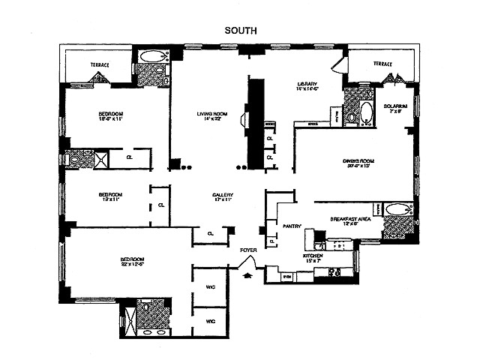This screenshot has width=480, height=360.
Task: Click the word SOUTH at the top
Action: pyautogui.click(x=241, y=31)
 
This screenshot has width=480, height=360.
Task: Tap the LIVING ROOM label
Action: pyautogui.click(x=211, y=114)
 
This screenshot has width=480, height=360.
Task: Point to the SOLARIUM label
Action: pyautogui.click(x=395, y=106)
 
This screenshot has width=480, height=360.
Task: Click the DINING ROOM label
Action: pyautogui.click(x=358, y=161)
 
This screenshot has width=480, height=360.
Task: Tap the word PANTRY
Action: pyautogui.click(x=292, y=225)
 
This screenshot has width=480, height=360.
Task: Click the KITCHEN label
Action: pyautogui.click(x=313, y=256)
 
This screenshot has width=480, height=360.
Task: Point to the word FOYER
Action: pyautogui.click(x=248, y=250)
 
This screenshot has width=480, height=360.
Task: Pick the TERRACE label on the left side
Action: pyautogui.click(x=100, y=65)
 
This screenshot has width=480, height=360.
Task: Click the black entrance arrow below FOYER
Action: pyautogui.click(x=248, y=276)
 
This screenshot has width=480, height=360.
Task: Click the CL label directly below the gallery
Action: pyautogui.click(x=211, y=233)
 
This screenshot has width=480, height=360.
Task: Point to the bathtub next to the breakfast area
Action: pyautogui.click(x=398, y=209)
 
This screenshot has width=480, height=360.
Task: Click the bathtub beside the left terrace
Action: pyautogui.click(x=154, y=55)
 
